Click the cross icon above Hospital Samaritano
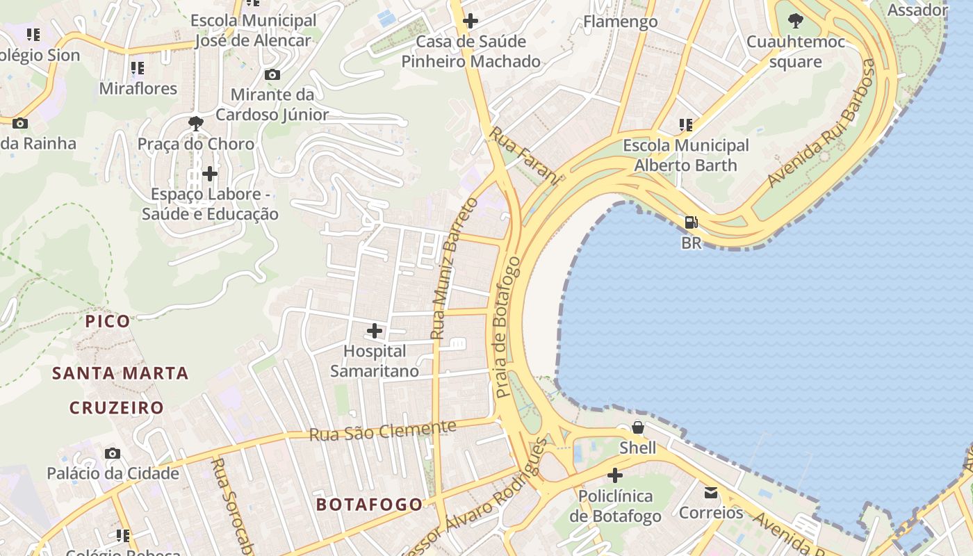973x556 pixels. click(x=375, y=331)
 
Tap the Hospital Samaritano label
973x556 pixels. click(x=375, y=361)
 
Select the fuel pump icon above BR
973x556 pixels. click(x=691, y=222)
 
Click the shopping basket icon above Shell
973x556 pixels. click(x=637, y=427)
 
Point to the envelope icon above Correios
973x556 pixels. click(x=711, y=493)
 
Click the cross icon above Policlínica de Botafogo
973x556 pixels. click(x=614, y=476)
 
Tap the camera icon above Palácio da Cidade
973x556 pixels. click(x=113, y=454)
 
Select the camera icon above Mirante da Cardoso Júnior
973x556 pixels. click(x=272, y=74)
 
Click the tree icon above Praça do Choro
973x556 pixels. click(x=196, y=124)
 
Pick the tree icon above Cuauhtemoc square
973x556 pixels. click(x=795, y=21)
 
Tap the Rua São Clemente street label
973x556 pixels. click(x=383, y=431)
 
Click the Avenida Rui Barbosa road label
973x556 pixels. click(x=821, y=123)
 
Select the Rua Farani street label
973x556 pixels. click(x=524, y=156)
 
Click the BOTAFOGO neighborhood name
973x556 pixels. click(x=369, y=505)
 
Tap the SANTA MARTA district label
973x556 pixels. click(x=121, y=373)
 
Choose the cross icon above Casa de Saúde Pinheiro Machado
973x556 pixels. click(x=471, y=21)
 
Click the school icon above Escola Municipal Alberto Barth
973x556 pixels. click(x=686, y=125)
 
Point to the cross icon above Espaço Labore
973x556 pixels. click(x=210, y=173)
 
